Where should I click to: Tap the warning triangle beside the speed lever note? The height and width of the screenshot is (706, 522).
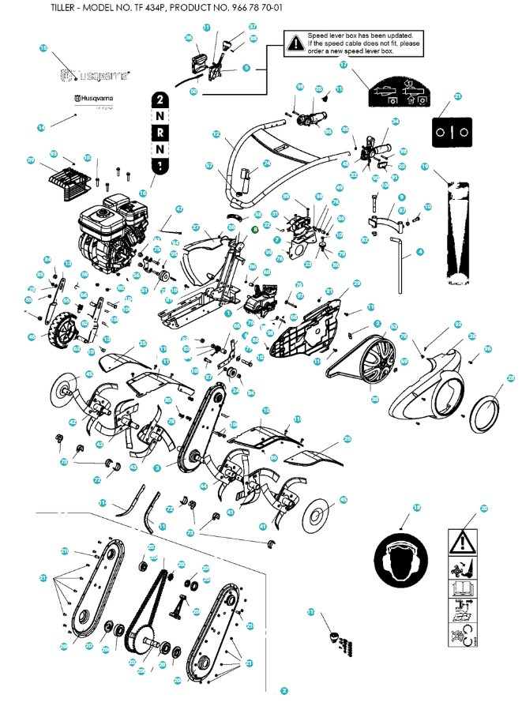click(295, 44)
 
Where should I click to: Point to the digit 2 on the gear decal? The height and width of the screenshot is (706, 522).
click(160, 100)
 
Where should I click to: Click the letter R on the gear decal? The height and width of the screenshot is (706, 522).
click(160, 133)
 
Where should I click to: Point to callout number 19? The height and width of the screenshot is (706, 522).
click(424, 167)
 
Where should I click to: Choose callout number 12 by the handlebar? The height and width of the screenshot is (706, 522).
click(216, 135)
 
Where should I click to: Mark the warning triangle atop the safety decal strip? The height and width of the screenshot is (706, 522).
click(462, 542)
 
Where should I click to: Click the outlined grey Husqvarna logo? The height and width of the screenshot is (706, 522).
click(95, 77)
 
